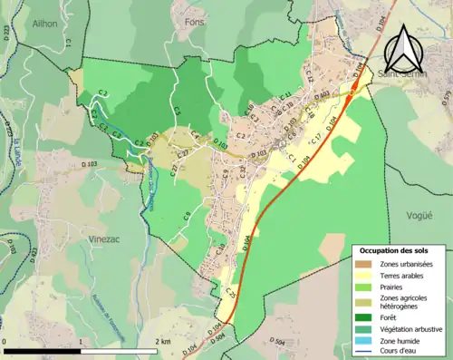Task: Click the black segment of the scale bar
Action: [41, 349]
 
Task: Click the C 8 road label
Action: [185, 216]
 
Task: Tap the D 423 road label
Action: [35, 254]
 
